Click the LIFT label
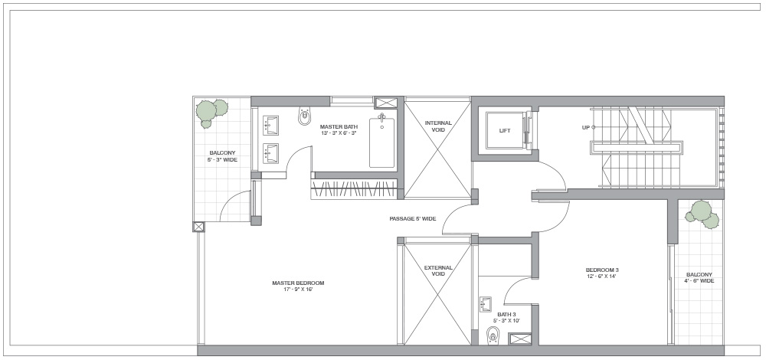505,131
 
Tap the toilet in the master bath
305,116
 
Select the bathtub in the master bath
382,141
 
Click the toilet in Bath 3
493,335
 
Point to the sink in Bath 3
486,304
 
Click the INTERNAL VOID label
438,126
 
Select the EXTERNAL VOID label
438,270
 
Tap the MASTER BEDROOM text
298,283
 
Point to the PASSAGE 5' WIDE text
413,219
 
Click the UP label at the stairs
586,127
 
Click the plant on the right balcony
702,214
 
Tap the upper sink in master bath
270,126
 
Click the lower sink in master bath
270,153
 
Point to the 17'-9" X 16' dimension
298,290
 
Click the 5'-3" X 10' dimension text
506,321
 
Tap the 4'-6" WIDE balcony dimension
699,281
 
